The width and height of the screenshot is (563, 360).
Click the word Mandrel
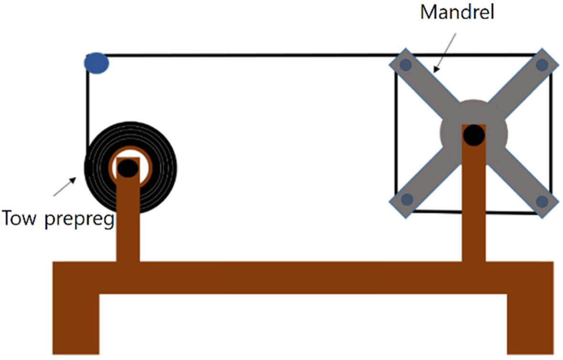click(x=456, y=12)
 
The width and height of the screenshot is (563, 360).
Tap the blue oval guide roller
click(x=97, y=62)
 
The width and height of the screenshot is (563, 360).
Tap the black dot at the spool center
click(x=127, y=168)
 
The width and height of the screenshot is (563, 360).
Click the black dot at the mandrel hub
click(x=474, y=135)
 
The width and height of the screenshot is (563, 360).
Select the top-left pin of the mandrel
click(x=406, y=64)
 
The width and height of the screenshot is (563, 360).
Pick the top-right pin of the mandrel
click(x=542, y=64)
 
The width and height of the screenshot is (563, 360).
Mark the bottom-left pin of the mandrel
click(x=407, y=200)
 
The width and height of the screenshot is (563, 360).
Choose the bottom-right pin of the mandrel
click(x=542, y=201)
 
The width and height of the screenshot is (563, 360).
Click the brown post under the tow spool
click(x=128, y=224)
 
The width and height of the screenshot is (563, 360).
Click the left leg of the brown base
click(x=75, y=324)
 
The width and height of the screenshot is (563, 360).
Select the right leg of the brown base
click(x=530, y=324)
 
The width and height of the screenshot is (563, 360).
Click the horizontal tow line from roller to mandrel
click(x=248, y=56)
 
